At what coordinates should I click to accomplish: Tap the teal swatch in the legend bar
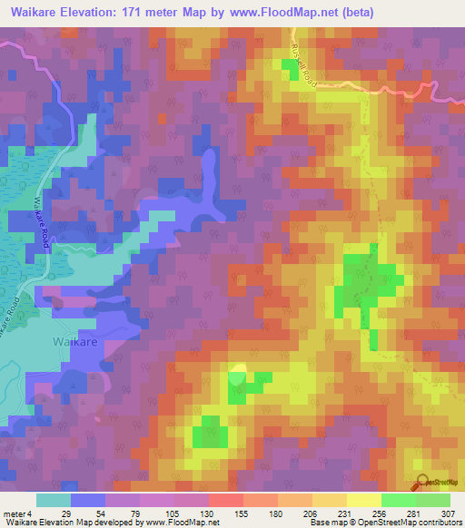(53, 500)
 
